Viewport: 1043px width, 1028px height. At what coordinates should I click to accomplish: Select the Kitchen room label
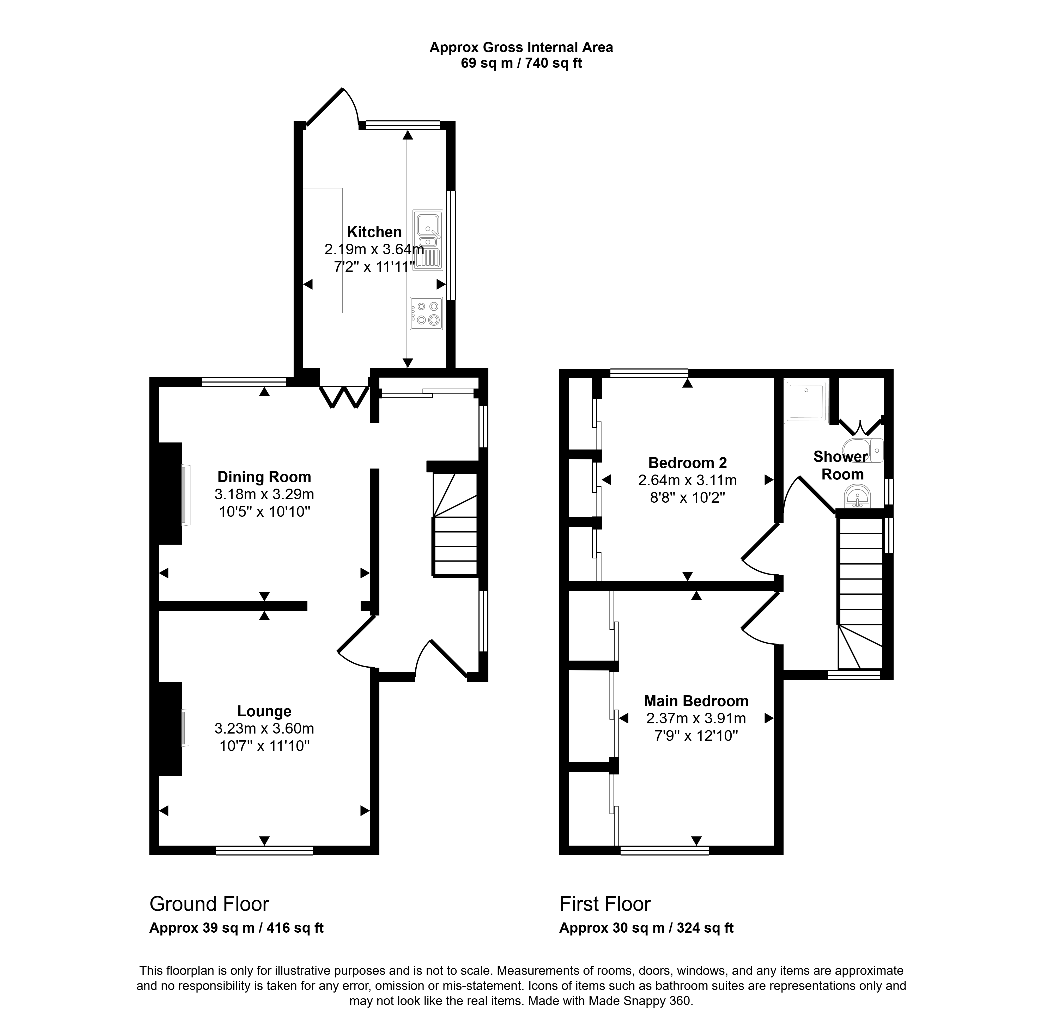pos(374,232)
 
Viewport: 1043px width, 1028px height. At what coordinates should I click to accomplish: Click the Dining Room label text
pos(264,477)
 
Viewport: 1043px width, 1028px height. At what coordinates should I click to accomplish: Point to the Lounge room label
pos(264,711)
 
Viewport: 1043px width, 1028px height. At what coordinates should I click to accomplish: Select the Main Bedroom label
pos(696,701)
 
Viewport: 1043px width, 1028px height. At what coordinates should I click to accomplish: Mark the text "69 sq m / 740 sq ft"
pos(521,63)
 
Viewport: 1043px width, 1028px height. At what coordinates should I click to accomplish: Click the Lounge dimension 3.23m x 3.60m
pos(264,729)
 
